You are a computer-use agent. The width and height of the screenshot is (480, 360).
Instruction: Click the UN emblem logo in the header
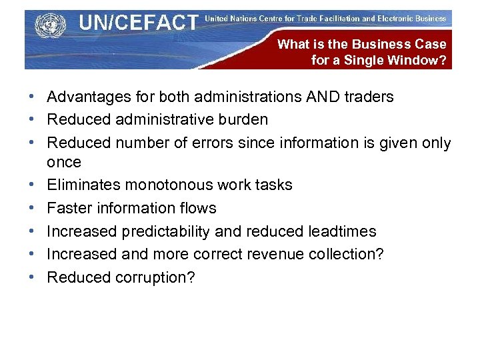pos(47,26)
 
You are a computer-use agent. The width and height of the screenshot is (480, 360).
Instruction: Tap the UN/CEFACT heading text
pos(138,23)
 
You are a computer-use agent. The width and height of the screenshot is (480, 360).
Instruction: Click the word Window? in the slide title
pos(421,61)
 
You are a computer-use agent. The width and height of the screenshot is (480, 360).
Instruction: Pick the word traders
pos(368,97)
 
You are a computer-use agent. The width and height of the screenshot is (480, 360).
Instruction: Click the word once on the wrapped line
pos(64,162)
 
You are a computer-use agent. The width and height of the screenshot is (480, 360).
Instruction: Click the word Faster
pos(68,208)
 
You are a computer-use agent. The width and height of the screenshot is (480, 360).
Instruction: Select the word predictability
pos(165,231)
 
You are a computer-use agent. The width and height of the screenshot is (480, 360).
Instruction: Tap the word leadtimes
pos(342,231)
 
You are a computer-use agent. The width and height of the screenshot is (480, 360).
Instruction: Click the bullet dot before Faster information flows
pos(33,208)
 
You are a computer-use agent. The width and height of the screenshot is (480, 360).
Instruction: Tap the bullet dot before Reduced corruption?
pos(33,277)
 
